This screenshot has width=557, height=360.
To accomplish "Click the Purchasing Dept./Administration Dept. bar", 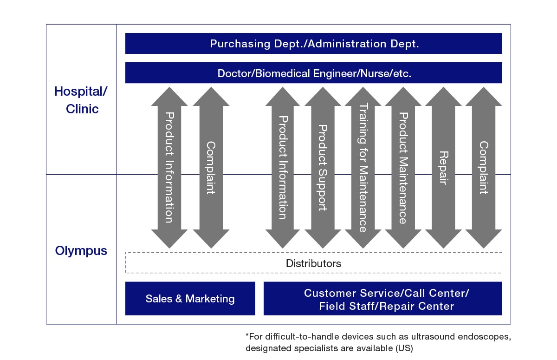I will coord(313,44).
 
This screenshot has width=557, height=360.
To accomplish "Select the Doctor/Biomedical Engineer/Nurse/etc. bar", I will coord(313,73).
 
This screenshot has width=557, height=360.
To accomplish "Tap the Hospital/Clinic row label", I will coord(81,99).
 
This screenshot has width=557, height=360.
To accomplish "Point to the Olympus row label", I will coord(81,251).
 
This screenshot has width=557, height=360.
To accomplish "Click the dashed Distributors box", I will coord(313,263).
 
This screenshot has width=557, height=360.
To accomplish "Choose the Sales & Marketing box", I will coord(190,299).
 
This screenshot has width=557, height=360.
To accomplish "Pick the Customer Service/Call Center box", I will coord(382,299).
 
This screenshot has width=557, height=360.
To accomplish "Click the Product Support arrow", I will coord(323,167).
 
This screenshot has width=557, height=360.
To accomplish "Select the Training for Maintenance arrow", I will coord(363,167).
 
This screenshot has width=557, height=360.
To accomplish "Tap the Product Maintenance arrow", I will coord(403,167).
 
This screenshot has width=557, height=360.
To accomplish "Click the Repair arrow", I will coord(443,167).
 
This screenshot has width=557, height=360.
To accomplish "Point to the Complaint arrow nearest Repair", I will coord(483,167).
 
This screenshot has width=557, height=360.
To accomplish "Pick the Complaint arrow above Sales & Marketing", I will coord(211,167).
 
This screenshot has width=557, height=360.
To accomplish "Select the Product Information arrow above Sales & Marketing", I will coord(169,167).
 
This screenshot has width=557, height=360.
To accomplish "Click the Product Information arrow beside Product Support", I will coord(283,167).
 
